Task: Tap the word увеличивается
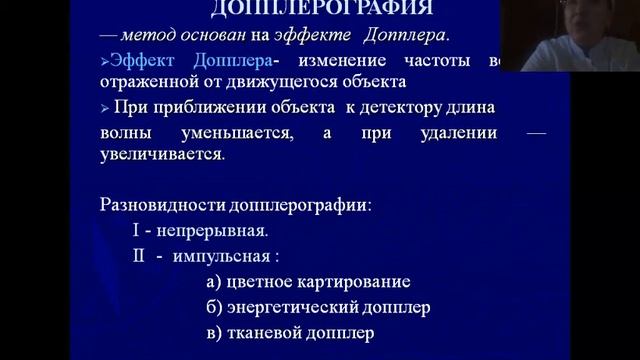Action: click(x=162, y=156)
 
